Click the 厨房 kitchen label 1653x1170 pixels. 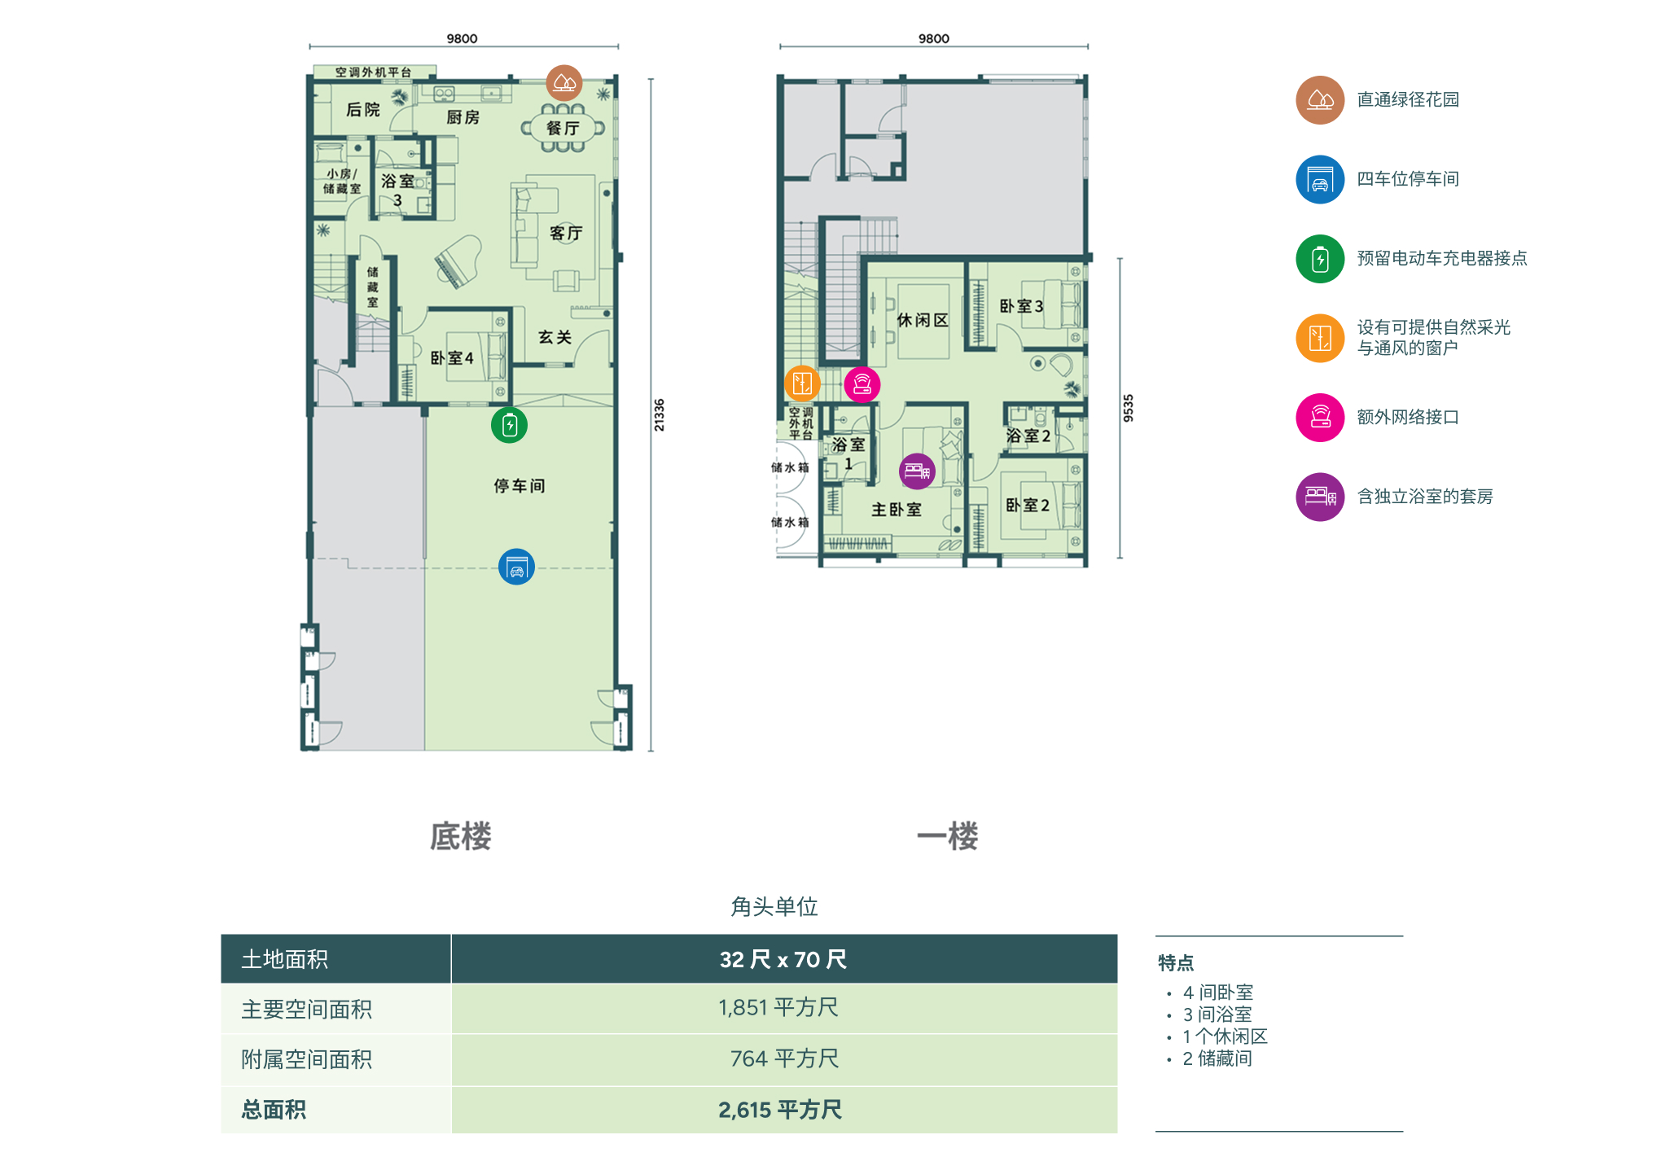463,117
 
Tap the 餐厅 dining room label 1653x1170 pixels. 563,128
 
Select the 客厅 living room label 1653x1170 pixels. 566,233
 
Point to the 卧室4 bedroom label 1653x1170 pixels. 452,357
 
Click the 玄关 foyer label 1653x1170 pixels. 555,336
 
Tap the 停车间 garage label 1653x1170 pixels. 520,485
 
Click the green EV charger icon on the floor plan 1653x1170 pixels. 509,424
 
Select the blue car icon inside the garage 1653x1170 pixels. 516,567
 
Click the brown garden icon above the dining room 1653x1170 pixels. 563,82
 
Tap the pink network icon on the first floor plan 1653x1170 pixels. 862,384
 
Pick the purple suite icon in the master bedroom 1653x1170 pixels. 917,471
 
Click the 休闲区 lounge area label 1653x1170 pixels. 923,320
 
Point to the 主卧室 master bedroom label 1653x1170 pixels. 897,509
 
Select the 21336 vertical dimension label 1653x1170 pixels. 659,414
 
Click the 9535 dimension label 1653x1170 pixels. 1128,407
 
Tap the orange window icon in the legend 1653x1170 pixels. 1320,337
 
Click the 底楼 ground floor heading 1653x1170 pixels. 461,836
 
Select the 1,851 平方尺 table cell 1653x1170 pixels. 778,1007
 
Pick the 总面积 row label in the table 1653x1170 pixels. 274,1109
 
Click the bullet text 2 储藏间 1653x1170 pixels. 1217,1058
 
